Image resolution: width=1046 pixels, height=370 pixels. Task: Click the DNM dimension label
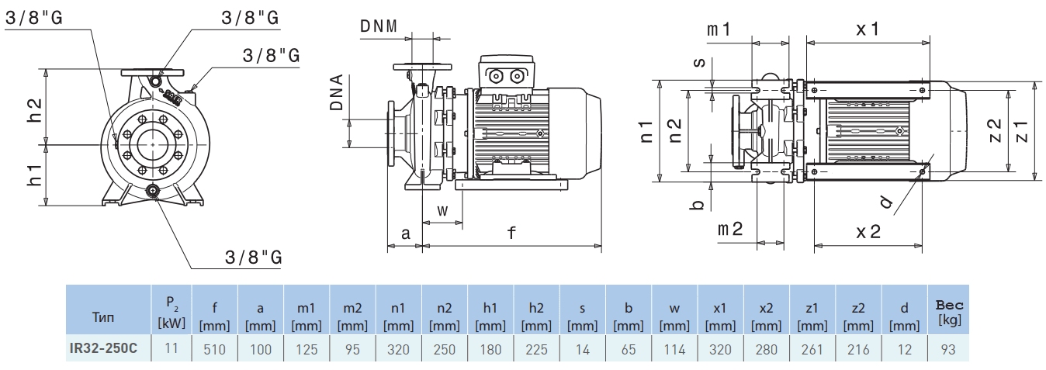378,26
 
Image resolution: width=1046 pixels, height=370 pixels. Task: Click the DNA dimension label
335,93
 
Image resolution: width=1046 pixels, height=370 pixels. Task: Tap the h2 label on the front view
36,110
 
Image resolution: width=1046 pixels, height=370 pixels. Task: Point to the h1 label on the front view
36,175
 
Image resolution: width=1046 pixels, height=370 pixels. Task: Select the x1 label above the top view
867,29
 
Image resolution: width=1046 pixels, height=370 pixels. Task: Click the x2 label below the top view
868,231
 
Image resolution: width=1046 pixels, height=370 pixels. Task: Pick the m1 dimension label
719,29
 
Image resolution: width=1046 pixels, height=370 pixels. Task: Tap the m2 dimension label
729,229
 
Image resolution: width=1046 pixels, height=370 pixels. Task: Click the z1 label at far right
1020,130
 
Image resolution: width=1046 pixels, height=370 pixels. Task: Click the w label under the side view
442,210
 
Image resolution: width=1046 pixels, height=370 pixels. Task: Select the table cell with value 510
214,349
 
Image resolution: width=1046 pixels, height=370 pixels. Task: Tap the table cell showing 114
674,349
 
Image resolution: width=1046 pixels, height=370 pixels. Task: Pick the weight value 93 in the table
947,349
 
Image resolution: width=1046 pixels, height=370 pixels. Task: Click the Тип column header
106,317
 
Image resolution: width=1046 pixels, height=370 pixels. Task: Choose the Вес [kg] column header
949,312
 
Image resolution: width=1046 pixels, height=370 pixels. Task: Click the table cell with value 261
812,349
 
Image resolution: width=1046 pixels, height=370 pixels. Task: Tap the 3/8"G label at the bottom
253,258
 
